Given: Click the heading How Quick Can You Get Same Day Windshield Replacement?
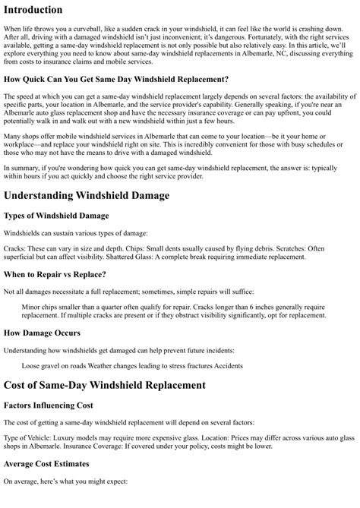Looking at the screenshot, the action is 116,79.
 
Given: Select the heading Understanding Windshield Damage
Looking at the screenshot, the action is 87,195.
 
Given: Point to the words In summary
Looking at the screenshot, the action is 21,166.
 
